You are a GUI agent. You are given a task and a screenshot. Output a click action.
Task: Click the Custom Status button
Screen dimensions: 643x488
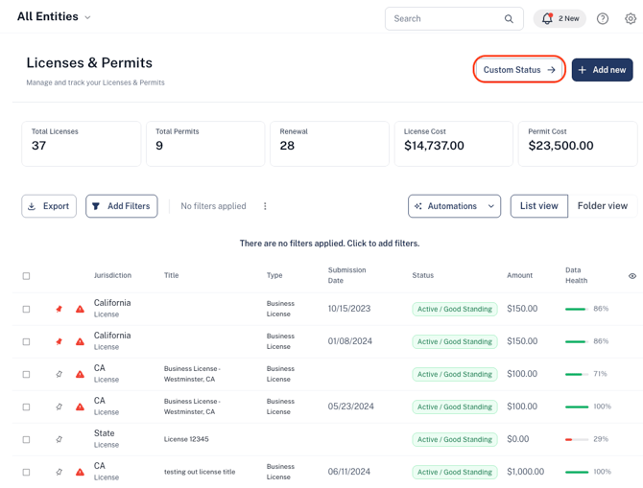coord(519,70)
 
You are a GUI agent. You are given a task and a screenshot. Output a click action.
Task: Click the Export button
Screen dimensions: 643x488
coord(49,206)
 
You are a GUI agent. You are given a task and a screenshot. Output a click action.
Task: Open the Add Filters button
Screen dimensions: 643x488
coord(121,206)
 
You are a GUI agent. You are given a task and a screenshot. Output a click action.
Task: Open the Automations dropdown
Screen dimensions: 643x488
coord(454,206)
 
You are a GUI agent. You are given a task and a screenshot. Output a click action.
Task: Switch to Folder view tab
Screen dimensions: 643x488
coord(603,206)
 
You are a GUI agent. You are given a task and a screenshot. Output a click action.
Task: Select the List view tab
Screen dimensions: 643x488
coord(539,206)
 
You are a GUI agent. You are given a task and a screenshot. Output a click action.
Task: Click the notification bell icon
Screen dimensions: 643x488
coord(547,18)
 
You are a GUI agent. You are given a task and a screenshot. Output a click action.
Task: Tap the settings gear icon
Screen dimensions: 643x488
coord(631,18)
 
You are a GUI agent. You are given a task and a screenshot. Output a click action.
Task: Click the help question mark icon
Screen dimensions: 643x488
coord(603,18)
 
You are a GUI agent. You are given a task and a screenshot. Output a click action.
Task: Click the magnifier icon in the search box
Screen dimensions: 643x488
coord(509,19)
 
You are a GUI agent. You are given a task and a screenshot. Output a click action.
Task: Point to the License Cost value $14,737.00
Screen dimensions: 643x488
coord(434,146)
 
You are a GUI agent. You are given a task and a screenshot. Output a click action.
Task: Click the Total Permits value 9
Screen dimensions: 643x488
coord(159,146)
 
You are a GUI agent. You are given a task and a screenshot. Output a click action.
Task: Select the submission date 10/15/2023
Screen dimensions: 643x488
coord(349,309)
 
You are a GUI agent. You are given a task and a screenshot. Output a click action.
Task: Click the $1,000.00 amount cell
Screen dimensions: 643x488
coord(525,472)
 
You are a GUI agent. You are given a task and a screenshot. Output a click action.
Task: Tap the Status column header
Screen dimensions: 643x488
coord(423,275)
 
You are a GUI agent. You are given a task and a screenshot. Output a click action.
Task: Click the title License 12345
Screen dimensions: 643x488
coord(186,439)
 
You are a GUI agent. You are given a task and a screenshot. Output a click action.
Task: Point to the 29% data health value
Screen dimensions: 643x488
coord(601,439)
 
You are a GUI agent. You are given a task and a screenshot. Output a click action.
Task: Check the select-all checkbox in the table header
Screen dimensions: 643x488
coord(26,276)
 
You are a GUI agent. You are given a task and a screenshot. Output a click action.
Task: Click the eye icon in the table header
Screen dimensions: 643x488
coord(632,276)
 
